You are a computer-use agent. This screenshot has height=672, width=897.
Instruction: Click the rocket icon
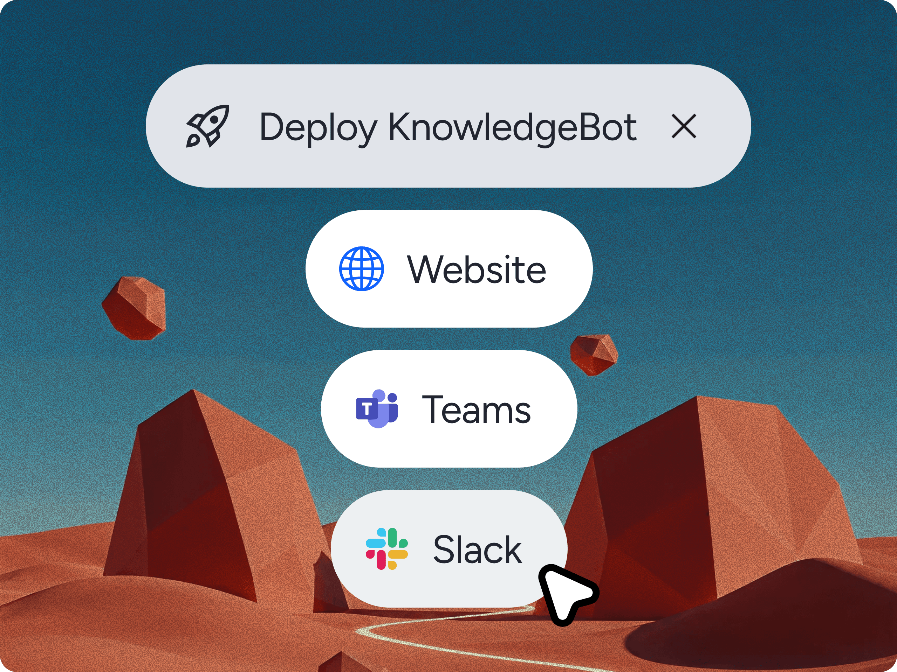pyautogui.click(x=207, y=126)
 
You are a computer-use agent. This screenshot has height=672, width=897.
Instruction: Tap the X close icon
pyautogui.click(x=684, y=126)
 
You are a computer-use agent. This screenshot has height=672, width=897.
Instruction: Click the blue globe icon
pyautogui.click(x=361, y=268)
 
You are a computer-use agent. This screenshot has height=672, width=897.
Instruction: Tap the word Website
pyautogui.click(x=477, y=269)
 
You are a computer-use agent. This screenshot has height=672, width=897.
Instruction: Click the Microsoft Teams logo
pyautogui.click(x=377, y=408)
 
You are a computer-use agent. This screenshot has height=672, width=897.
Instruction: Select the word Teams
pyautogui.click(x=476, y=409)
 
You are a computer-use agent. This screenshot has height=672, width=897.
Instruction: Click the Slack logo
pyautogui.click(x=386, y=549)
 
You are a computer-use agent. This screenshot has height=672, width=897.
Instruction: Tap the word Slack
pyautogui.click(x=477, y=549)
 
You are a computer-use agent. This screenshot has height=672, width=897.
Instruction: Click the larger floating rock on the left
pyautogui.click(x=135, y=308)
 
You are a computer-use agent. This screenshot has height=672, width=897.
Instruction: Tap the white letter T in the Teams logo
pyautogui.click(x=367, y=409)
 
